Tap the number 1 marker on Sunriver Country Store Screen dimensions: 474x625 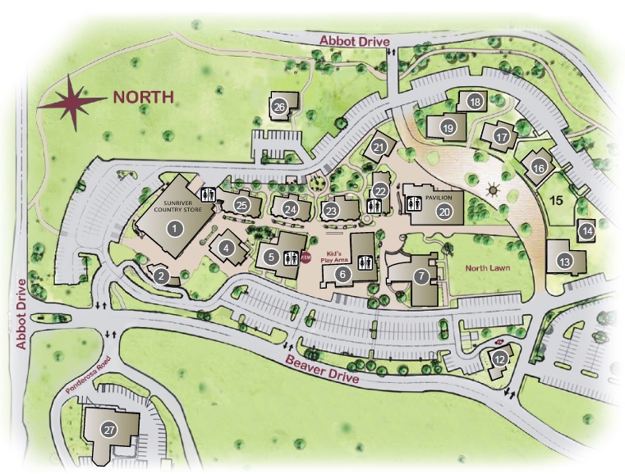click(x=173, y=229)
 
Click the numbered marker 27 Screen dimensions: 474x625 click(x=107, y=430)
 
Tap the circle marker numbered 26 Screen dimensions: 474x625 click(x=278, y=107)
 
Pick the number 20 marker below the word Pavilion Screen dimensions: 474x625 click(x=443, y=211)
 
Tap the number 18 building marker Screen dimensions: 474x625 click(x=474, y=102)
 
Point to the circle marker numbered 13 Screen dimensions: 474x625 click(x=564, y=262)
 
